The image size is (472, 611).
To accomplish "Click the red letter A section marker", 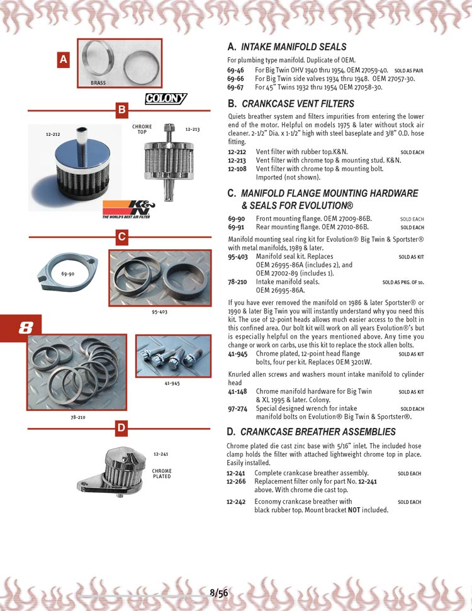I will (x=62, y=60).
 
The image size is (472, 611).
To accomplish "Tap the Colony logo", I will (x=166, y=98).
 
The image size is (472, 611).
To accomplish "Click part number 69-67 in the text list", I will (x=236, y=87).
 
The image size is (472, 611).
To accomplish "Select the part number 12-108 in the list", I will (x=237, y=169).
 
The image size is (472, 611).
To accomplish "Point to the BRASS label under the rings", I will (x=98, y=82).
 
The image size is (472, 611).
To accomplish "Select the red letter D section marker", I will (x=122, y=429).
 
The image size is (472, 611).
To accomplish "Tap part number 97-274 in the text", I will (x=237, y=408).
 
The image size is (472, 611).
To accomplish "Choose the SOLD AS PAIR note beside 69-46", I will (x=408, y=71).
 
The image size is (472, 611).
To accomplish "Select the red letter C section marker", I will (x=122, y=237).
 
